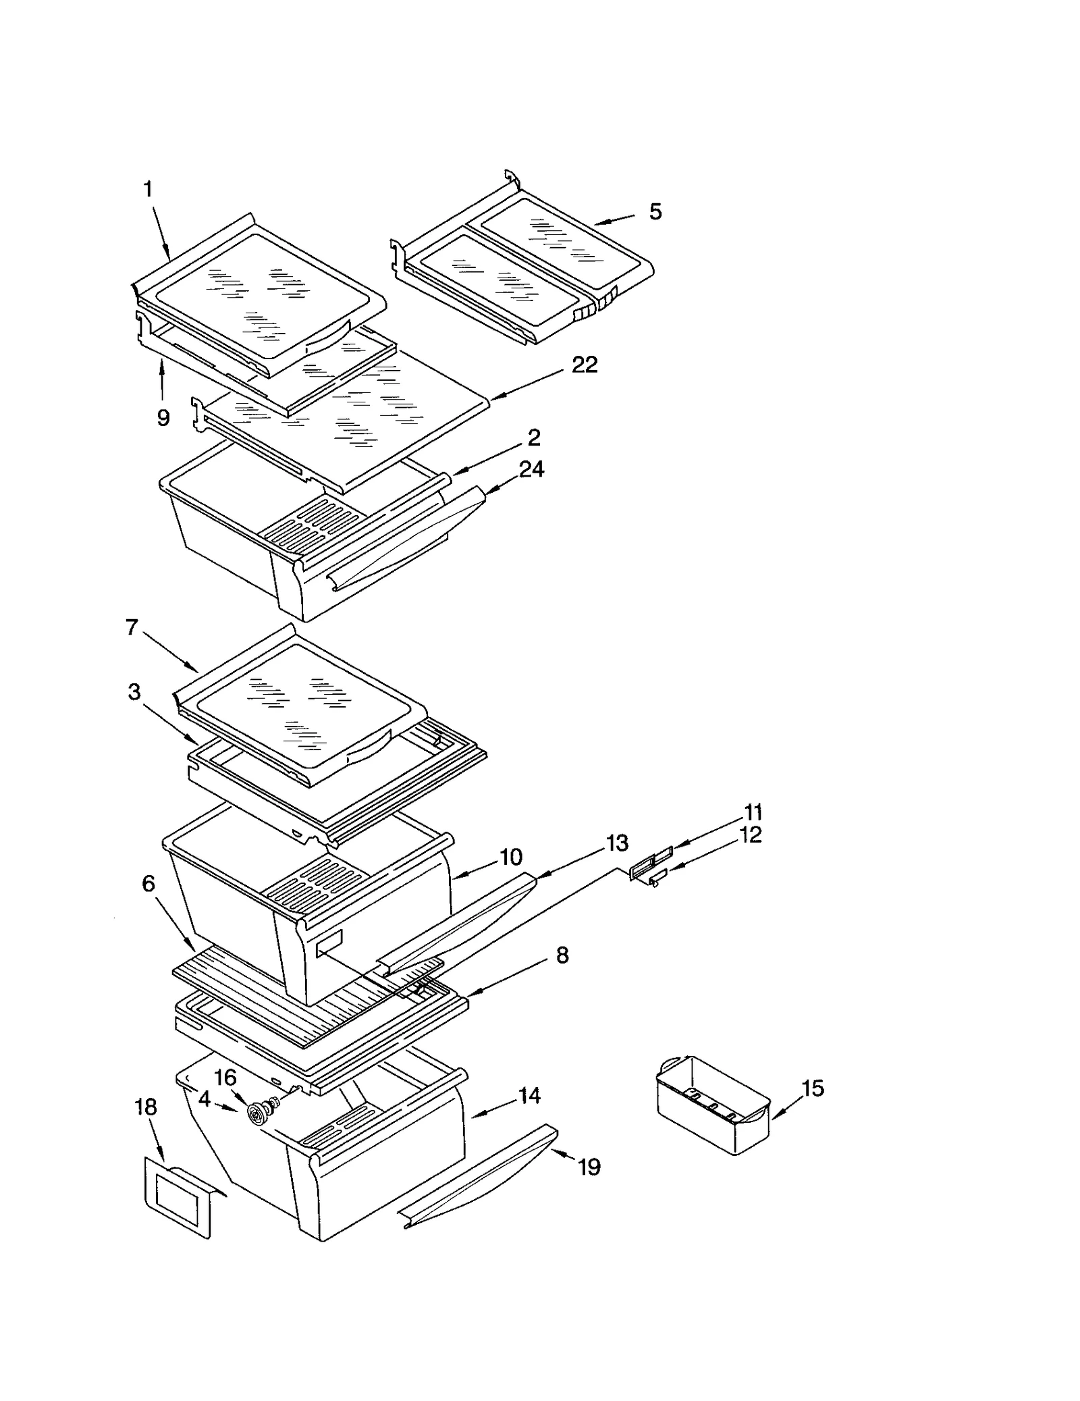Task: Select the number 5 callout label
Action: [x=655, y=212]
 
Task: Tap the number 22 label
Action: [x=584, y=365]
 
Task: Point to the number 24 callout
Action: [x=531, y=469]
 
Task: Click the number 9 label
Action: [x=163, y=418]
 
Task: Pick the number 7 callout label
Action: [x=132, y=627]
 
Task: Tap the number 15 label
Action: [x=813, y=1088]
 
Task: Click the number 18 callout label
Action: [x=146, y=1107]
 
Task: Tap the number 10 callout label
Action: [x=511, y=857]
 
